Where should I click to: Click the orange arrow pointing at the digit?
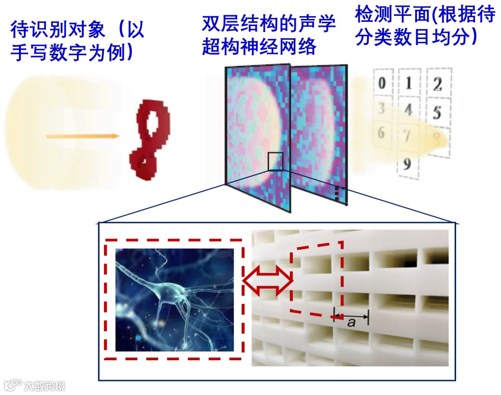click(82, 136)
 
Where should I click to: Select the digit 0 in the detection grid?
click(382, 84)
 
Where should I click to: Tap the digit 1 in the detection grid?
click(409, 84)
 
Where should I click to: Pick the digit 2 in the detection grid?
click(437, 85)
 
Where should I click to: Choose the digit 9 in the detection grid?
click(407, 164)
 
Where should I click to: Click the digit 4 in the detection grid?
click(409, 110)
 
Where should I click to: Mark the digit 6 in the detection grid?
click(381, 133)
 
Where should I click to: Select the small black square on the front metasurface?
click(275, 161)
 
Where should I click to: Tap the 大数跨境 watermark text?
click(45, 385)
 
